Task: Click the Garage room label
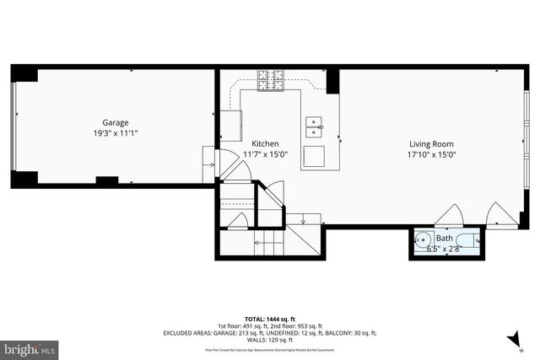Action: (116, 122)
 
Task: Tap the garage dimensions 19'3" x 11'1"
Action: (116, 133)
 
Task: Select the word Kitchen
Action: (266, 143)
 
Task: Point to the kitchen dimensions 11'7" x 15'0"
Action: (266, 154)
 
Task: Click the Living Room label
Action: (432, 143)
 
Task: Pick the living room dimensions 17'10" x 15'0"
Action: (432, 154)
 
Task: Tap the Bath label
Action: (443, 239)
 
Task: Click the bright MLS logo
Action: (30, 347)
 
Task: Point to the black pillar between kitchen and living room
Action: (333, 81)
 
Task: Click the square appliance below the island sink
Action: (314, 158)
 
